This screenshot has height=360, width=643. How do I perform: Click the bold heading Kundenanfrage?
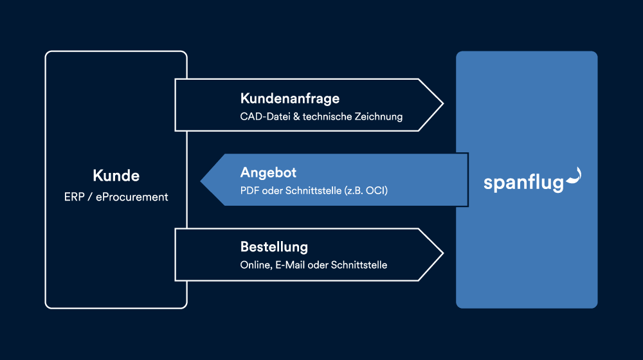(290, 98)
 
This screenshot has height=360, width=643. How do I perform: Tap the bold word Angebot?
(268, 173)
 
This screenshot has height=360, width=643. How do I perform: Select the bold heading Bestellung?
(274, 247)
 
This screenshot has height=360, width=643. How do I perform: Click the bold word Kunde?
(116, 175)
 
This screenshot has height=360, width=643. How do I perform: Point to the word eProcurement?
(132, 197)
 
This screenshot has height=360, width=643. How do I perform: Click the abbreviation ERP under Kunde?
(74, 197)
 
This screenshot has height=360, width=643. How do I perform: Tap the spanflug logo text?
(523, 183)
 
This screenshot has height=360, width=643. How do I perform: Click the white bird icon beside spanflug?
(574, 177)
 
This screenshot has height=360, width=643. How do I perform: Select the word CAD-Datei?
(265, 116)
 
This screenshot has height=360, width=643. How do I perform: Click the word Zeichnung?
(379, 117)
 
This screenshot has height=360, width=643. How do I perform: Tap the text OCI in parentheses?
(376, 191)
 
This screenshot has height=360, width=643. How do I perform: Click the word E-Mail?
(290, 265)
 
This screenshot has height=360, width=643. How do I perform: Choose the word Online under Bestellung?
(256, 265)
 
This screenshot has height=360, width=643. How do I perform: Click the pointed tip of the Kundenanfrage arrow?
(443, 104)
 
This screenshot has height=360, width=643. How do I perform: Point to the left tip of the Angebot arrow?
(201, 181)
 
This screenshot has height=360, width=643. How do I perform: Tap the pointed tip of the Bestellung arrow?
(443, 254)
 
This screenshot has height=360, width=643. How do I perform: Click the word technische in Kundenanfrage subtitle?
(327, 116)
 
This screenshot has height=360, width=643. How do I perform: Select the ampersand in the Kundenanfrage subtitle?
(296, 117)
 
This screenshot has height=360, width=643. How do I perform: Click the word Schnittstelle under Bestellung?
(359, 265)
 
